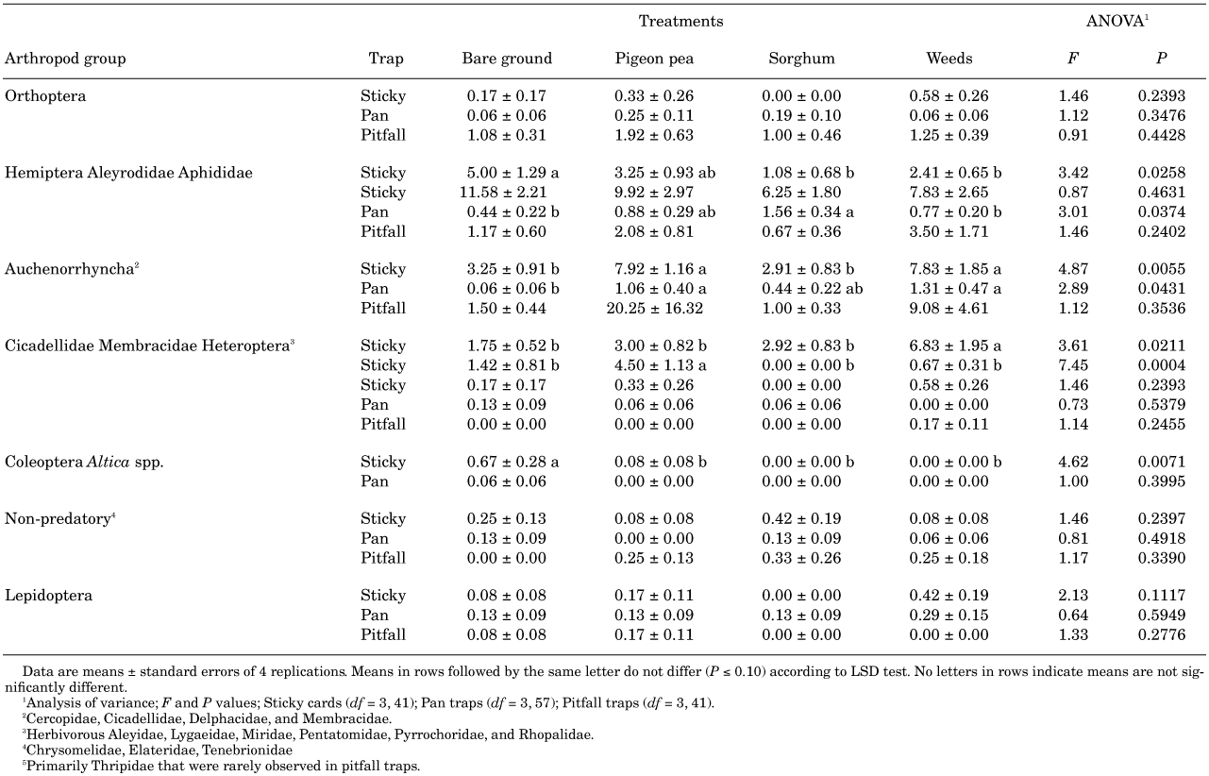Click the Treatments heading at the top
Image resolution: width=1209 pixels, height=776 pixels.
680,21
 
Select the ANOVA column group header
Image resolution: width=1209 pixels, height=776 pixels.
1117,21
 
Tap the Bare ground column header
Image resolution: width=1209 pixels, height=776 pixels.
507,59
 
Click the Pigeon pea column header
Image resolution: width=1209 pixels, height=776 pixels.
654,59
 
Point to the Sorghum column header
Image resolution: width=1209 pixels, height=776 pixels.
801,59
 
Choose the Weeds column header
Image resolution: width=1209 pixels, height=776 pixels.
949,59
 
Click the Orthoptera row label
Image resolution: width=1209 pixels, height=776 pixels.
45,96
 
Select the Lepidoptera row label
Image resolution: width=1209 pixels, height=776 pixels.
48,596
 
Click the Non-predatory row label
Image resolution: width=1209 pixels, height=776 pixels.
59,519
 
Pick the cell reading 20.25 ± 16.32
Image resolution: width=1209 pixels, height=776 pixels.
655,309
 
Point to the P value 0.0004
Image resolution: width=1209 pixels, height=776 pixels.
1162,365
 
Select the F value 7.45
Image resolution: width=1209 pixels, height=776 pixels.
1073,365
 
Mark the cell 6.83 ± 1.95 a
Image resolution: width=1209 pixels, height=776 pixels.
955,346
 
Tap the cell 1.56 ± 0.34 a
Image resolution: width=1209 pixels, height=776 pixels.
808,211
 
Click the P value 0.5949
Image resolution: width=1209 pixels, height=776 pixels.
1162,616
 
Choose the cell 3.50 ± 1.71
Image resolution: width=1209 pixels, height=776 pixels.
949,231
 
